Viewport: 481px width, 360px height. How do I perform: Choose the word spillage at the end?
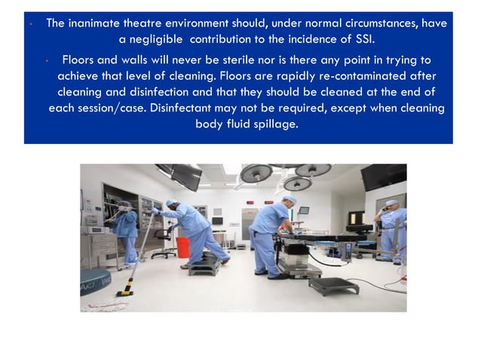(x=274, y=125)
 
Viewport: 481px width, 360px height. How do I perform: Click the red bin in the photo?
(x=182, y=247)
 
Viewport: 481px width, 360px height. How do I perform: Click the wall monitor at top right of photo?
(x=383, y=178)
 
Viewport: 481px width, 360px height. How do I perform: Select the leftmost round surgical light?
(x=256, y=174)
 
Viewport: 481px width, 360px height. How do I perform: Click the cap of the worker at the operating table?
(x=289, y=200)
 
